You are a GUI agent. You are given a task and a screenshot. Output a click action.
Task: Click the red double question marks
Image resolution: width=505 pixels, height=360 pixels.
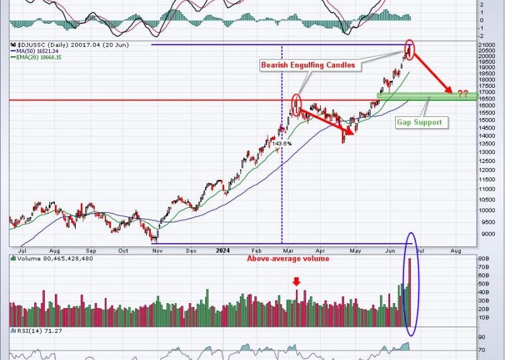(x=463, y=93)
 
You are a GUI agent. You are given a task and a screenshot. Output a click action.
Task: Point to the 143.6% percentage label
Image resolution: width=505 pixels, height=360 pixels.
(x=282, y=144)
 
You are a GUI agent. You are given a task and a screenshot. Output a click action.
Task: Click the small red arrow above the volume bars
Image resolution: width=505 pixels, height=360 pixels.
(x=297, y=282)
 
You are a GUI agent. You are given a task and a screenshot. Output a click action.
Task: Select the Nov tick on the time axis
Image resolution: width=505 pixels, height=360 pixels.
(x=156, y=251)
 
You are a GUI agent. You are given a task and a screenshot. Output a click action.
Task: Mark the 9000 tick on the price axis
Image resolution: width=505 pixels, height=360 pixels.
(x=487, y=234)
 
